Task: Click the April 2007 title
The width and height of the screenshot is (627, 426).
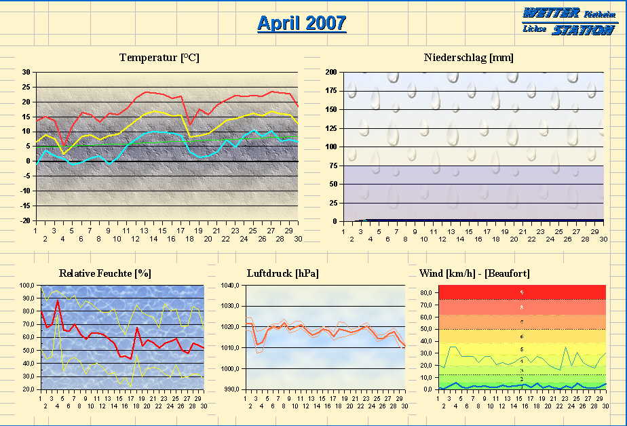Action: pos(301,23)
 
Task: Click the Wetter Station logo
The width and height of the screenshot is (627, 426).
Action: pos(569,21)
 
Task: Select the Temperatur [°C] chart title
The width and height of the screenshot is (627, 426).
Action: pos(159,58)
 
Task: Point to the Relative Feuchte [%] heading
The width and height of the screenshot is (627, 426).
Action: pos(105,273)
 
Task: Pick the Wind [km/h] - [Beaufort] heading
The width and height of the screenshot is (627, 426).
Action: pos(474,273)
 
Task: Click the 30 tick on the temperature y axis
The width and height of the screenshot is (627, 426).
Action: pos(26,72)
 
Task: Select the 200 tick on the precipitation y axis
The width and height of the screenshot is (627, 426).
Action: pos(330,72)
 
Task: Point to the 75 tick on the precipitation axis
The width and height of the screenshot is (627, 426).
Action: pos(332,166)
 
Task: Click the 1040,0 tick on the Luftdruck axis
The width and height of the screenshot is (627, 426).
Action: pos(231,286)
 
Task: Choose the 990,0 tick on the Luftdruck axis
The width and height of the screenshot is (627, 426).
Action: pos(231,390)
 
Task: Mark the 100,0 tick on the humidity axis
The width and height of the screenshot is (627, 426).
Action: pos(26,286)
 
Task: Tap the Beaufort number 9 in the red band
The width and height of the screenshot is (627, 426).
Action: pos(521,292)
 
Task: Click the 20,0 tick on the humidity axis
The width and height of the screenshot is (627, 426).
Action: pos(28,390)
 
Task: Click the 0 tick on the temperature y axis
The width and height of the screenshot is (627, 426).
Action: pos(28,161)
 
